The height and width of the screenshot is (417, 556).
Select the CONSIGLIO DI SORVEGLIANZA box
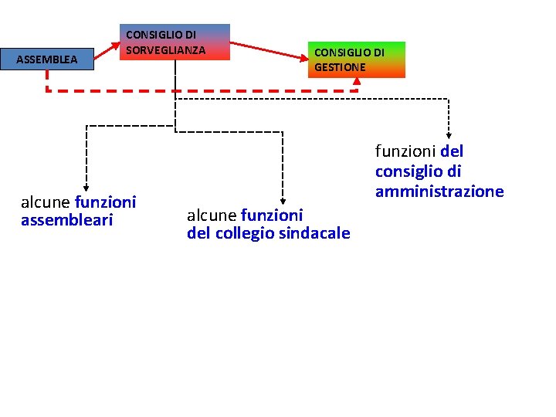pyautogui.click(x=177, y=42)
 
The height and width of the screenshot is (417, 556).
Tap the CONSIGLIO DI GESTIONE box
pyautogui.click(x=356, y=60)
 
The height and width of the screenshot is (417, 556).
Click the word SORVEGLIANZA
pyautogui.click(x=165, y=50)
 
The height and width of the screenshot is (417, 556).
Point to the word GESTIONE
pyautogui.click(x=340, y=67)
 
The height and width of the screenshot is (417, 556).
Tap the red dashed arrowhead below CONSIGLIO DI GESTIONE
pyautogui.click(x=356, y=83)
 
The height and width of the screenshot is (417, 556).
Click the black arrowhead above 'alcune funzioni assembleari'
pyautogui.click(x=86, y=185)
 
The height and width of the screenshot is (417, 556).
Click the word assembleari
pyautogui.click(x=67, y=221)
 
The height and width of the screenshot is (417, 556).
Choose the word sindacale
pyautogui.click(x=313, y=233)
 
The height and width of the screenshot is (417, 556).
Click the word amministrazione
pyautogui.click(x=439, y=192)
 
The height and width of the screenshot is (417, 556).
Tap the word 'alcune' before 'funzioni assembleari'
pyautogui.click(x=46, y=202)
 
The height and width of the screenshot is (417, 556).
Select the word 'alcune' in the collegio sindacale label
pyautogui.click(x=212, y=215)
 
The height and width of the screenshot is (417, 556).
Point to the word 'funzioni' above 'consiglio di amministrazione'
pyautogui.click(x=405, y=151)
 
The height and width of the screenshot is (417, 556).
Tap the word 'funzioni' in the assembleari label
pyautogui.click(x=106, y=202)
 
